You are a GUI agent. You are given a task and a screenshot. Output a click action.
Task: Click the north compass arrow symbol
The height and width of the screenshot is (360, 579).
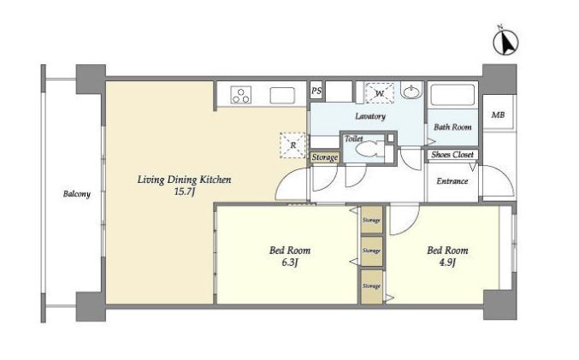[x=506, y=41]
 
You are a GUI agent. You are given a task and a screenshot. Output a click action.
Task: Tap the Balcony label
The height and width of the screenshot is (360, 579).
[x=76, y=194]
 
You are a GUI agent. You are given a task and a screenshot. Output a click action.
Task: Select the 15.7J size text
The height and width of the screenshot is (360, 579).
[x=184, y=192]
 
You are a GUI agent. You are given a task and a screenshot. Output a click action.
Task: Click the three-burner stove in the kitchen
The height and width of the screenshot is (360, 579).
[x=241, y=95]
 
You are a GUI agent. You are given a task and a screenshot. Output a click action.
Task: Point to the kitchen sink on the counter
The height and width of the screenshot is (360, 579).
[x=282, y=95]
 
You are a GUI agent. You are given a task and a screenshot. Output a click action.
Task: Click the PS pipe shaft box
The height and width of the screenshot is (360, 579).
[x=316, y=91]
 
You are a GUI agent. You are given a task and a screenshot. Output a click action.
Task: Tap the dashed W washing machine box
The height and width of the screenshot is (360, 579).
[x=380, y=93]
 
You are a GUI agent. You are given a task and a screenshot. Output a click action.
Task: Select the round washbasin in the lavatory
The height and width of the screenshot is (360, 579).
[x=411, y=91]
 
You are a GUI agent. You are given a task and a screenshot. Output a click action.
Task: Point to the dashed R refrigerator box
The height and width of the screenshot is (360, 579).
[x=292, y=145]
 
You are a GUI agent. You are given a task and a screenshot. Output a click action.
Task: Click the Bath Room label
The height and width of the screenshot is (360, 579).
[x=452, y=127]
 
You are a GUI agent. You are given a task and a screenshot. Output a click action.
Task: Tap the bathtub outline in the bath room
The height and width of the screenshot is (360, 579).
[x=452, y=96]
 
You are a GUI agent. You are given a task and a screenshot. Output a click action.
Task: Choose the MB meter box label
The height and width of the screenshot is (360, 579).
[x=498, y=115]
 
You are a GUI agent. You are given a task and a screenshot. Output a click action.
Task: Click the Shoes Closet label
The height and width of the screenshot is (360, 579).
[x=452, y=154]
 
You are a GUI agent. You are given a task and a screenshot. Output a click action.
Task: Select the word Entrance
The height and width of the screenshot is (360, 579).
[x=452, y=181]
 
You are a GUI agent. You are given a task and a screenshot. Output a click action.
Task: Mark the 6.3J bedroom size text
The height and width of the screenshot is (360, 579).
[x=289, y=263]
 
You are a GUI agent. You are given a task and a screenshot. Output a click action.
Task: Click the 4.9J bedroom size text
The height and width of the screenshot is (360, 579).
[x=446, y=263]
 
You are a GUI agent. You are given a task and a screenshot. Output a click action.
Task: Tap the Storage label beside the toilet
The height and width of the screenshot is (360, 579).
[x=325, y=157]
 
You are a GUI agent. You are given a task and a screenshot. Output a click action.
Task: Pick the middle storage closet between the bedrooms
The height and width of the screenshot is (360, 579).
[x=371, y=251]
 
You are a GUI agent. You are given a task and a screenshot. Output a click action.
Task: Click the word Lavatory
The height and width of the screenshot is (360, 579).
[x=370, y=116]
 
